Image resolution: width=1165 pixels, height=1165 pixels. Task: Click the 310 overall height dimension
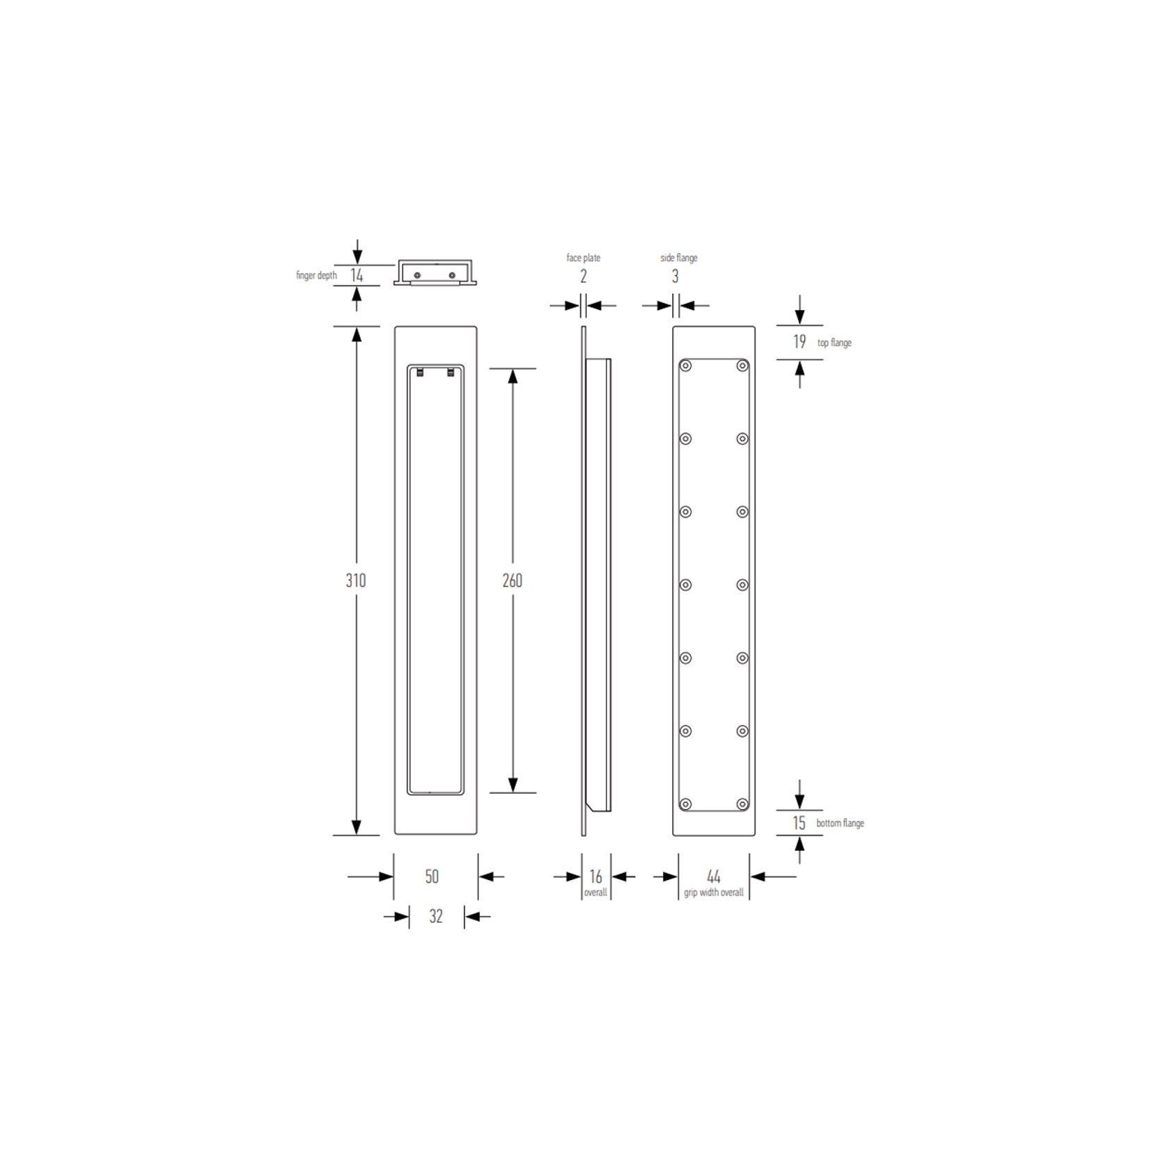click(355, 580)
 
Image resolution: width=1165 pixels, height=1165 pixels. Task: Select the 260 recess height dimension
click(512, 580)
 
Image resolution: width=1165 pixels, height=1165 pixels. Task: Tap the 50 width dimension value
click(432, 877)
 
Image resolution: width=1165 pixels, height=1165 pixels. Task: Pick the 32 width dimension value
click(436, 916)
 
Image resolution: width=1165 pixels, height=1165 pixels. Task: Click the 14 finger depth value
click(357, 275)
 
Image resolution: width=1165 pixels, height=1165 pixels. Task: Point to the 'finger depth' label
click(316, 275)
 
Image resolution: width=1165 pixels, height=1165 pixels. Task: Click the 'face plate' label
click(583, 258)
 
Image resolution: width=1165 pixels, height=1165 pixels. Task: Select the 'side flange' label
click(679, 258)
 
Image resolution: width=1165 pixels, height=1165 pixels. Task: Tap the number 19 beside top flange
click(799, 341)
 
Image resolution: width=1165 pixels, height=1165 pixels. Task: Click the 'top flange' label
click(834, 343)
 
